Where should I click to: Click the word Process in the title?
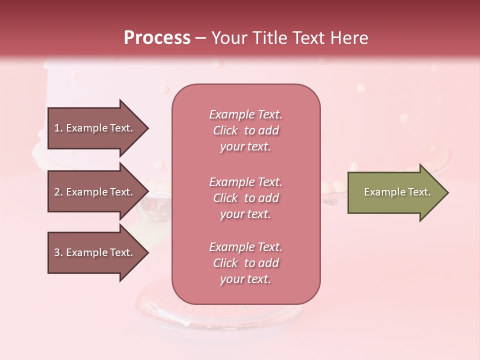157,38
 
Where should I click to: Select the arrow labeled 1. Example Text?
95,128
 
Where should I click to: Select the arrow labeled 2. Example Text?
95,192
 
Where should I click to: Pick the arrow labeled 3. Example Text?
95,252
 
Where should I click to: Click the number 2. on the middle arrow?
58,192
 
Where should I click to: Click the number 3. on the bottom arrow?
58,252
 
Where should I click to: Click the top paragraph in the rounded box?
245,130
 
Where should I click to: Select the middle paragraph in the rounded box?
245,198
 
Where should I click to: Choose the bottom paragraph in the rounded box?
245,263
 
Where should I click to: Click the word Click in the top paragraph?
225,130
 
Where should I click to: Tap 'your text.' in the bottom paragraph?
245,279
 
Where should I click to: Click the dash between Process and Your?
201,38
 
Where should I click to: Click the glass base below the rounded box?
220,315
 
